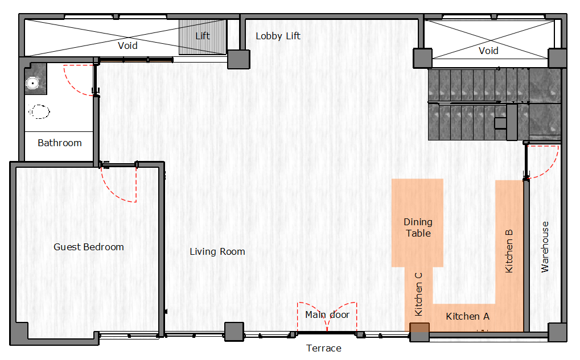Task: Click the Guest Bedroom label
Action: (89, 247)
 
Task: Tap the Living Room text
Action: (217, 252)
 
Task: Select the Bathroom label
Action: (60, 143)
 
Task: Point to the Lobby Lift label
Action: (278, 36)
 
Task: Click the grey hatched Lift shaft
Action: (203, 36)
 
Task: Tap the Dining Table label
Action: (418, 227)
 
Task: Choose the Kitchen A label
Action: (467, 316)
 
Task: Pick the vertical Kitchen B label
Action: (509, 251)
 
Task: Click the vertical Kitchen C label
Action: (418, 295)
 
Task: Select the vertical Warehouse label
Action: (545, 247)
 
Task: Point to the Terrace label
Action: (324, 348)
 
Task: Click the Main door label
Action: (327, 315)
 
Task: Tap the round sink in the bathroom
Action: (33, 83)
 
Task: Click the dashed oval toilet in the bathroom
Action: (39, 111)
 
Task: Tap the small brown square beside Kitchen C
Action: (419, 328)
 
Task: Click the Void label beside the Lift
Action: (127, 46)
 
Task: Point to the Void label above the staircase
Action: (488, 51)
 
